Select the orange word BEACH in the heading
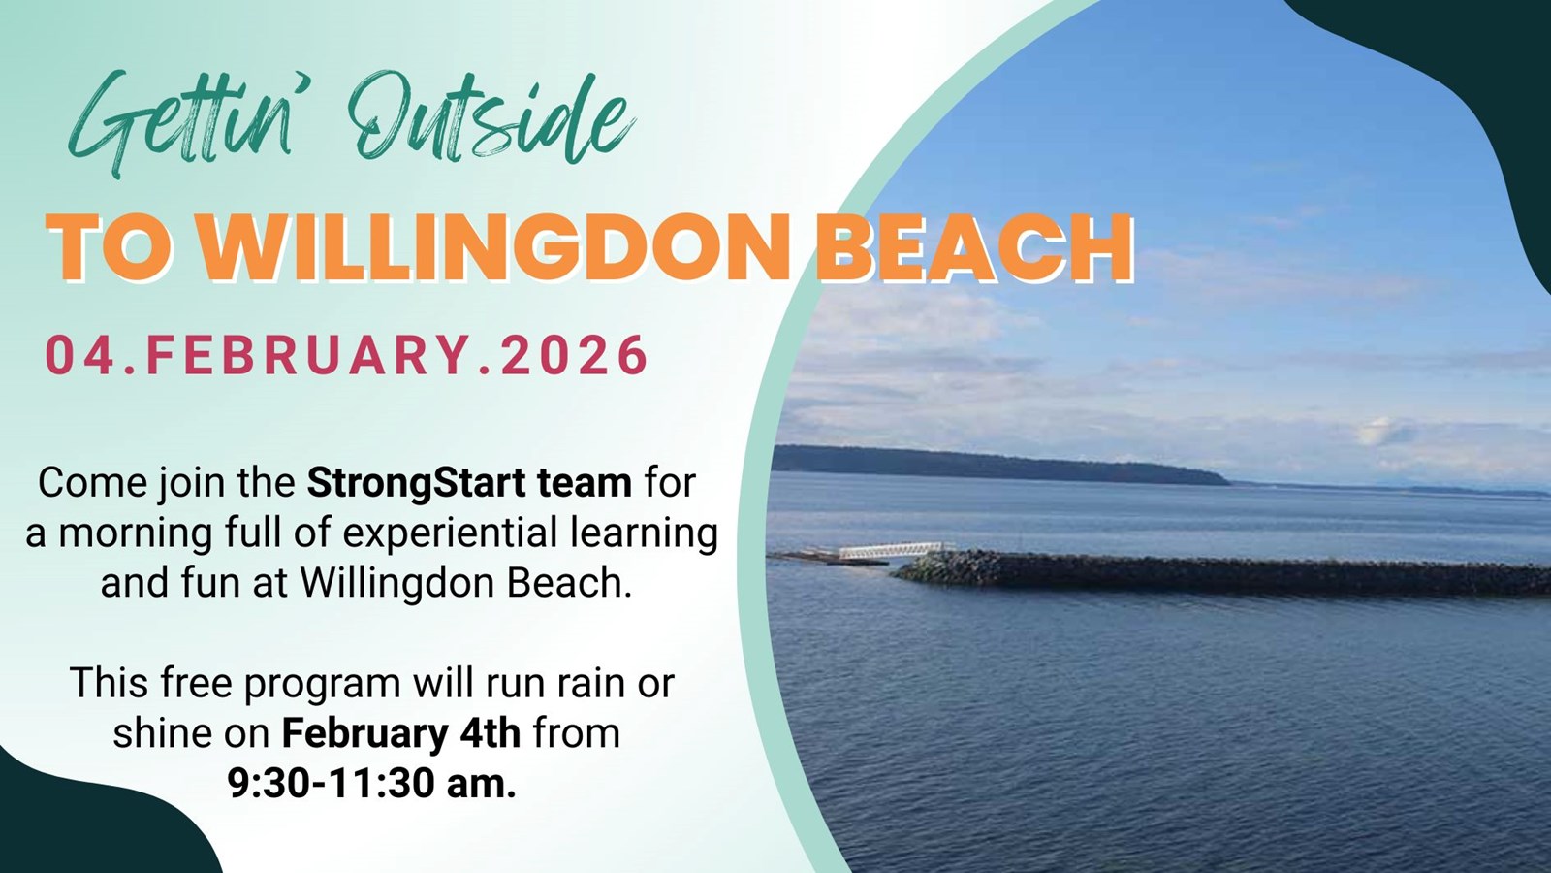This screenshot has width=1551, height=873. (x=973, y=247)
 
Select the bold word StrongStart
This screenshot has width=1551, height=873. (x=416, y=482)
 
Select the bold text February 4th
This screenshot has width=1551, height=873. (x=401, y=733)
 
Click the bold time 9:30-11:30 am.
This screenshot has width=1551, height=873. (x=372, y=784)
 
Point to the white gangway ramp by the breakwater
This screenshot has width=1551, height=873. (x=892, y=550)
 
